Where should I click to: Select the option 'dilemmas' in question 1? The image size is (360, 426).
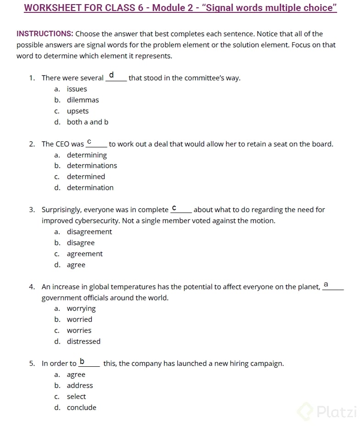coord(83,100)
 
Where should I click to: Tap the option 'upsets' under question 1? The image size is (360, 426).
coord(78,111)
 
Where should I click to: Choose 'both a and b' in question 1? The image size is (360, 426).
coord(88,122)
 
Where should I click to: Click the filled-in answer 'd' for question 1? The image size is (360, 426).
coord(111,75)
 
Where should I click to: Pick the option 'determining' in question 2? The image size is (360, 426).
coord(87,155)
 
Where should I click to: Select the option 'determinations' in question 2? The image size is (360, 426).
coord(92,166)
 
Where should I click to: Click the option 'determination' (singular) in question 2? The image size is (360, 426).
coord(90,188)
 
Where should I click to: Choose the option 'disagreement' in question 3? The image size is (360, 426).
coord(89,232)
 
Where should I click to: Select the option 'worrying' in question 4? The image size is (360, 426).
coord(81,308)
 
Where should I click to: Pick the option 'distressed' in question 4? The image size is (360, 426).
coord(83,342)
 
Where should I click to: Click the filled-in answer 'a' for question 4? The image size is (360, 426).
coord(326,285)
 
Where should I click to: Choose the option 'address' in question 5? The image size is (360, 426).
coord(80,386)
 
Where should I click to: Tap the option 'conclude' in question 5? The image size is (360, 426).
coord(82,408)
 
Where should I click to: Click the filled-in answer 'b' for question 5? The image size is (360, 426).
coord(82,361)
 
